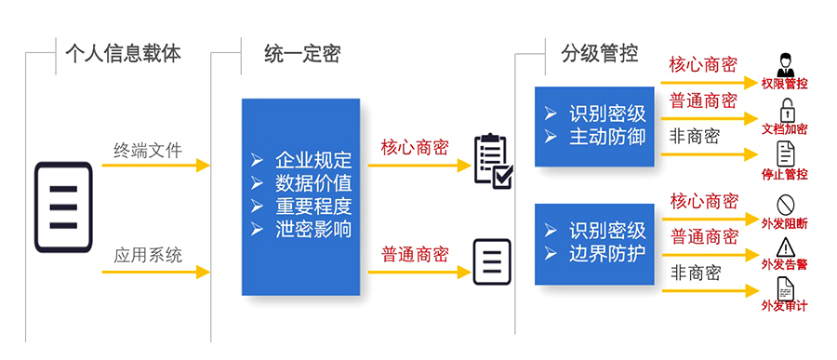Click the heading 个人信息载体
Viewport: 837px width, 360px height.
click(x=123, y=54)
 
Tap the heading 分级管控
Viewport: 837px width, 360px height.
click(x=599, y=54)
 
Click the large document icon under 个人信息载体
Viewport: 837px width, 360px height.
click(x=63, y=207)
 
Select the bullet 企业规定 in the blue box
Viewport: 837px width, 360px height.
click(x=313, y=159)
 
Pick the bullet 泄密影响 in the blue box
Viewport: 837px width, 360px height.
click(x=313, y=229)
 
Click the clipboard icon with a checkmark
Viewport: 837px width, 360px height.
click(x=492, y=159)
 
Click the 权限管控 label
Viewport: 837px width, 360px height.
click(x=784, y=84)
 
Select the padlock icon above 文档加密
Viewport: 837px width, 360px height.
click(x=785, y=107)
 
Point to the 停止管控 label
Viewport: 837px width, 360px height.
click(x=784, y=174)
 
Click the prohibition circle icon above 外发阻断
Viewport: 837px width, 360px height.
click(x=784, y=203)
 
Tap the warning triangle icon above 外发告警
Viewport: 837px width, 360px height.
click(x=784, y=247)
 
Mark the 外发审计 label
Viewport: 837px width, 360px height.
click(x=784, y=307)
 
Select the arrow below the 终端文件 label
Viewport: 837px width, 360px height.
click(x=155, y=167)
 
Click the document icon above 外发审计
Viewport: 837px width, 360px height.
click(x=784, y=288)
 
